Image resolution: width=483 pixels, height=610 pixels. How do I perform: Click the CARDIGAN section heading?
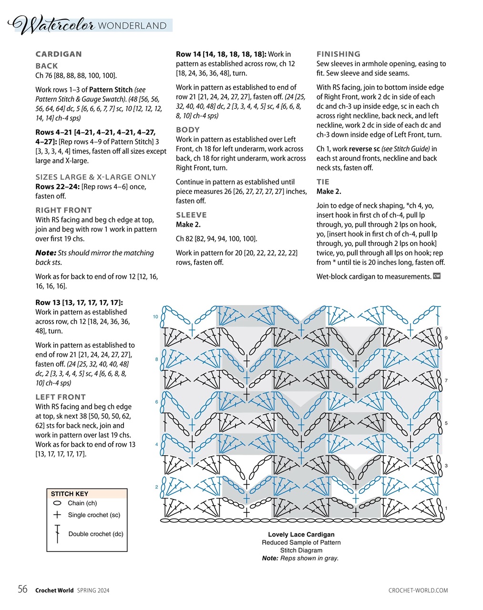(59, 54)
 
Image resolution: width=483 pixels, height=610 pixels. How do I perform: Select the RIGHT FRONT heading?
(63, 210)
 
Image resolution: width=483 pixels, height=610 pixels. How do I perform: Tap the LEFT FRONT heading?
(61, 397)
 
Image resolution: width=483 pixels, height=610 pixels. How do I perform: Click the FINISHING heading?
(339, 54)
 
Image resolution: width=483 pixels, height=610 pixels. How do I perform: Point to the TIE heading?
(323, 182)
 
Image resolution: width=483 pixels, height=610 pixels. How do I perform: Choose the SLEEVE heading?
(191, 215)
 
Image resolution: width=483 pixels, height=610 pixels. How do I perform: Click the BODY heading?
(187, 130)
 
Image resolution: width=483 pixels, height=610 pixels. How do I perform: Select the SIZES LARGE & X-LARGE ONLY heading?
(95, 177)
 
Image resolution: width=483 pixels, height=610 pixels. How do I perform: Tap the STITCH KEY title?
(70, 494)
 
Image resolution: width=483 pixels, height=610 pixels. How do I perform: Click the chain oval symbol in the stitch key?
(57, 503)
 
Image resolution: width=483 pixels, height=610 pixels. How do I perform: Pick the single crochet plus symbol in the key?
(57, 515)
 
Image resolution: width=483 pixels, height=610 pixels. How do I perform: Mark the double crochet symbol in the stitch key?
(57, 534)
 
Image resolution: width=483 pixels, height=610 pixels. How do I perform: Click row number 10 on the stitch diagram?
(155, 317)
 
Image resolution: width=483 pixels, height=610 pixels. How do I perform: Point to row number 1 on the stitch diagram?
(446, 508)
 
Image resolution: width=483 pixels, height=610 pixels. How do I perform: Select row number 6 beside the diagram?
(156, 402)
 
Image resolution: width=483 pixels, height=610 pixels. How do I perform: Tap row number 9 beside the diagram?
(446, 338)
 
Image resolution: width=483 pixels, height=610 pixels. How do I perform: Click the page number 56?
(22, 590)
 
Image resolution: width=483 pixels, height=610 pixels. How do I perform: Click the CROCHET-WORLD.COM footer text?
(418, 590)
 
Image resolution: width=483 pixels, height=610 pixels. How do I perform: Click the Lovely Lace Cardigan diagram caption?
(301, 535)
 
